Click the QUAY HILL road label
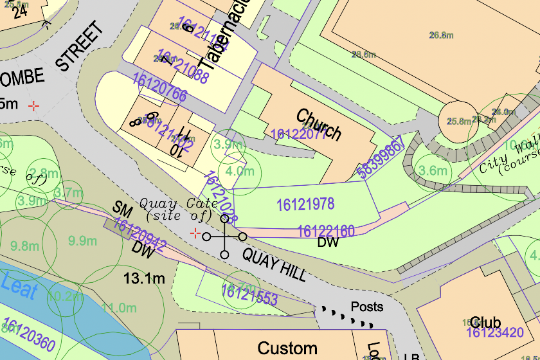pos(274,265)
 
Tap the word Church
pos(318,125)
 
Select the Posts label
pos(366,307)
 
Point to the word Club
pos(485,321)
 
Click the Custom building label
pos(287,348)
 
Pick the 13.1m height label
pos(145,278)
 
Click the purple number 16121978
pos(305,204)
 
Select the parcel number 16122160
pos(325,231)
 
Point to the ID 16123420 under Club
pos(494,333)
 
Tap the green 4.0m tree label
pos(240,172)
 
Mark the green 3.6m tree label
pos(433,170)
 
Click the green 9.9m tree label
pos(82,241)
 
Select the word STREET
pos(80,46)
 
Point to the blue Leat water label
pos(19,285)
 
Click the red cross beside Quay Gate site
pos(196,233)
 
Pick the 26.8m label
pos(441,35)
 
